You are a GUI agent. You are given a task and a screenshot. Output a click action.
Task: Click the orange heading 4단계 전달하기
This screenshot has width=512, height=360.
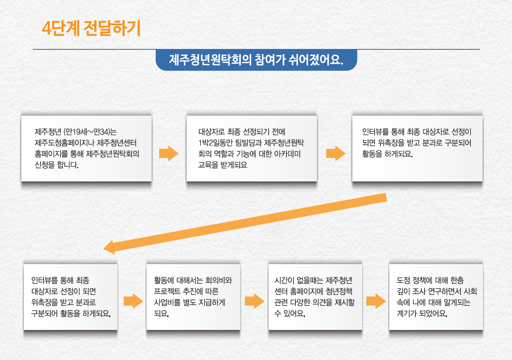91,28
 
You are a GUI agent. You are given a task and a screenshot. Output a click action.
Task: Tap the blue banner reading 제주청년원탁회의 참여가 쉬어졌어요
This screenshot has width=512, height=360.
256,60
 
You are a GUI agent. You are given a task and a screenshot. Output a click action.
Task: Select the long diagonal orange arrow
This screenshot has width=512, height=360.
245,224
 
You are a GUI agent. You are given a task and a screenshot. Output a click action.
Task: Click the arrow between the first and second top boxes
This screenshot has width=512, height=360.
169,153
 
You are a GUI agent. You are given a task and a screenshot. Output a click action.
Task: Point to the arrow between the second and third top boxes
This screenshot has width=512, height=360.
336,153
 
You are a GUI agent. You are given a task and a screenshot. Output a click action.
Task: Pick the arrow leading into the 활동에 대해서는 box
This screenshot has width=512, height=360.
133,301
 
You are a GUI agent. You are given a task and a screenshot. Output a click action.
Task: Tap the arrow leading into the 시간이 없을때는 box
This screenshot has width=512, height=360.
254,301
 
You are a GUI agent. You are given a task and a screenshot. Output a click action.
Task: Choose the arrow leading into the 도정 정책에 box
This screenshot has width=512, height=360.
376,301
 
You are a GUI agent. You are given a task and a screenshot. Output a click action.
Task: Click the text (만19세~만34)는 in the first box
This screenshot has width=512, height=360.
90,132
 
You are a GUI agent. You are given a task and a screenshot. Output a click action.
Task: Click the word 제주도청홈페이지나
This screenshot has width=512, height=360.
65,143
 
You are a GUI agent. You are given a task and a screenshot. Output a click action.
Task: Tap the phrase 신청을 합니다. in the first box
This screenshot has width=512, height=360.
57,165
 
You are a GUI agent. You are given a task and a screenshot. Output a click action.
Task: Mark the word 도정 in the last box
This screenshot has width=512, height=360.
403,280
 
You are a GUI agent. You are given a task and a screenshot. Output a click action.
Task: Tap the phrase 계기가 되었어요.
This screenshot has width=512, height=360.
422,313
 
